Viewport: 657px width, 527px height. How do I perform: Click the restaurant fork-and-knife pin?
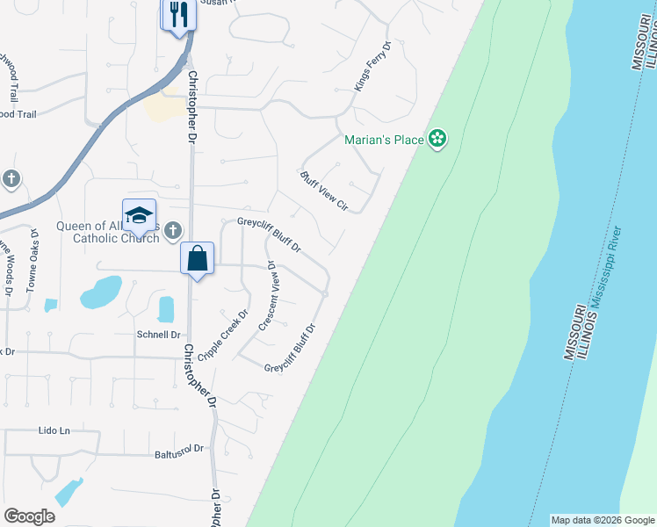tap(177, 15)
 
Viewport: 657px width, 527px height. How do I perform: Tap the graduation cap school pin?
tap(139, 216)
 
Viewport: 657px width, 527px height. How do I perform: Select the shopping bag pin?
tap(198, 259)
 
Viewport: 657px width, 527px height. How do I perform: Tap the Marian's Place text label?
tap(384, 140)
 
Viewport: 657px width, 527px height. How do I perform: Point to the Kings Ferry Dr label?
tap(372, 66)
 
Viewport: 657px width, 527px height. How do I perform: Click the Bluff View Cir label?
tap(324, 192)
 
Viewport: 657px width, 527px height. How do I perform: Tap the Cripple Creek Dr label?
tap(223, 335)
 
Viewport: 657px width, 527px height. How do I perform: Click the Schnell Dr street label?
tap(158, 335)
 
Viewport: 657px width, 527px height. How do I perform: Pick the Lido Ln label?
tap(54, 430)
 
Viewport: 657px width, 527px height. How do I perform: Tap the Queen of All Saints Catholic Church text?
tap(107, 231)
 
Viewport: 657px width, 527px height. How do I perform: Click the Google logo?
tap(30, 516)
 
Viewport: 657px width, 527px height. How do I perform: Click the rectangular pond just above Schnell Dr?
tap(166, 309)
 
